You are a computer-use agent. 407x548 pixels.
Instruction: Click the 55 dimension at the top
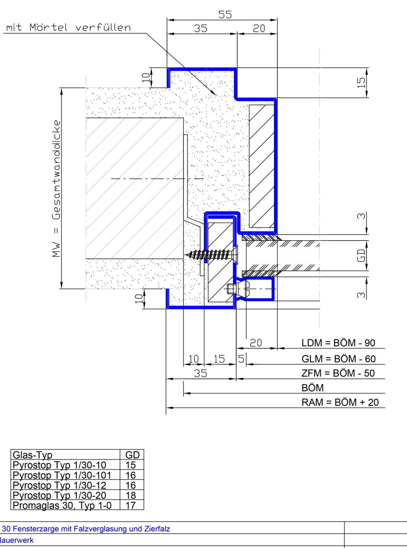pyautogui.click(x=225, y=15)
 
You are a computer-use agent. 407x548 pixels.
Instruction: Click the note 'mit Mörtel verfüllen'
pyautogui.click(x=68, y=28)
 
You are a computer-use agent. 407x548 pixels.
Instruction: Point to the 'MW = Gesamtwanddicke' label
pyautogui.click(x=56, y=188)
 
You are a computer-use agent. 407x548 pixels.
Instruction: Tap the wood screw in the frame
pyautogui.click(x=211, y=254)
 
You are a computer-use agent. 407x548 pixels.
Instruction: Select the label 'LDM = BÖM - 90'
pyautogui.click(x=338, y=343)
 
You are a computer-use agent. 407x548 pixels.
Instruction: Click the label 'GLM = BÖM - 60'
pyautogui.click(x=339, y=359)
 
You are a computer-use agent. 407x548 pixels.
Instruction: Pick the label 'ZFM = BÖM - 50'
pyautogui.click(x=338, y=373)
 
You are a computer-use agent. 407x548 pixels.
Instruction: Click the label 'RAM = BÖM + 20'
pyautogui.click(x=340, y=402)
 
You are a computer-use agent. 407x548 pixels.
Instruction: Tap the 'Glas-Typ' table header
pyautogui.click(x=32, y=455)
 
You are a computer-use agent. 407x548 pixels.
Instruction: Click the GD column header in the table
pyautogui.click(x=132, y=455)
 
